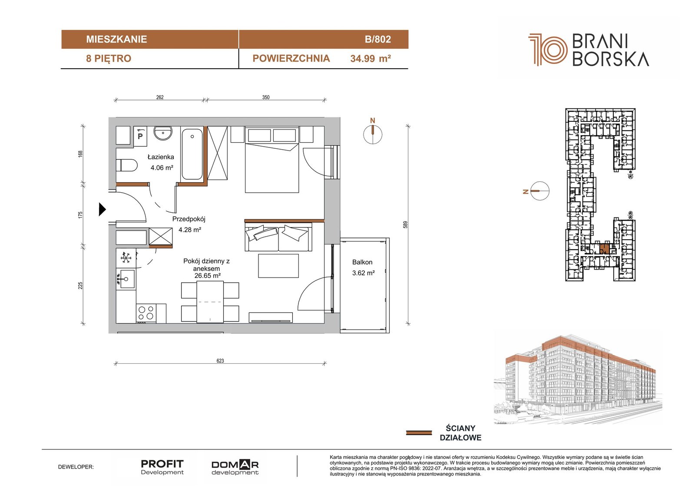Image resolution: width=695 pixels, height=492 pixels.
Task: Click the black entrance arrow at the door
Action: (x=102, y=209)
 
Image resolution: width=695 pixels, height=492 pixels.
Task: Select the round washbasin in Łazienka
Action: (x=163, y=134)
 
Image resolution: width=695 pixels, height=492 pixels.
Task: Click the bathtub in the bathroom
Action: (x=192, y=154)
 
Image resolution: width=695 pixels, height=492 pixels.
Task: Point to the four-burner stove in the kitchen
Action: (x=146, y=313)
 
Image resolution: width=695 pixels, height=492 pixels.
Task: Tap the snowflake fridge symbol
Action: (x=126, y=258)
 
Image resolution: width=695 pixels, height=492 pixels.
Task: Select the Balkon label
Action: (x=362, y=262)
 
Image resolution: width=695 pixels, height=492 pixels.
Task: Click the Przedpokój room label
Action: (x=189, y=219)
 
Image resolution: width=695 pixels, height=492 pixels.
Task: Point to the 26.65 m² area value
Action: (x=207, y=276)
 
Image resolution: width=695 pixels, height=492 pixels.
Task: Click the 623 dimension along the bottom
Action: (x=220, y=361)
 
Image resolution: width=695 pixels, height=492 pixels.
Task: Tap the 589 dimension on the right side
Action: (x=405, y=225)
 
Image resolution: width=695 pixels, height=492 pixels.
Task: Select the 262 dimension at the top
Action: (x=160, y=97)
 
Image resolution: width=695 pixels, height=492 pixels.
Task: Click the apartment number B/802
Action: (x=377, y=39)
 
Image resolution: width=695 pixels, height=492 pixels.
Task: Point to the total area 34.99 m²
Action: (x=371, y=58)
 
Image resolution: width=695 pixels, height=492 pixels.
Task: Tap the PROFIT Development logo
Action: (x=162, y=467)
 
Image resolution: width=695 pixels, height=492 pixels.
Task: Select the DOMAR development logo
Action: (x=235, y=468)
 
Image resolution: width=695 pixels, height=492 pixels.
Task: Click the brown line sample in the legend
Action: (x=419, y=433)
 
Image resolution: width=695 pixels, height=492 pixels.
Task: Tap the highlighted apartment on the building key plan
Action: (x=604, y=249)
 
